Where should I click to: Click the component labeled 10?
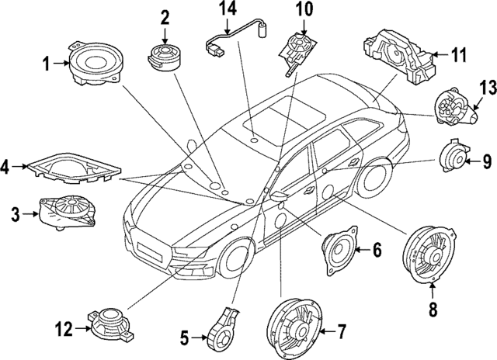[x=297, y=47]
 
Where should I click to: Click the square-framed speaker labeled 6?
[x=339, y=249]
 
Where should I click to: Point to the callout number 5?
[x=184, y=337]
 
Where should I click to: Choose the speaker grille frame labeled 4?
[x=73, y=168]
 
